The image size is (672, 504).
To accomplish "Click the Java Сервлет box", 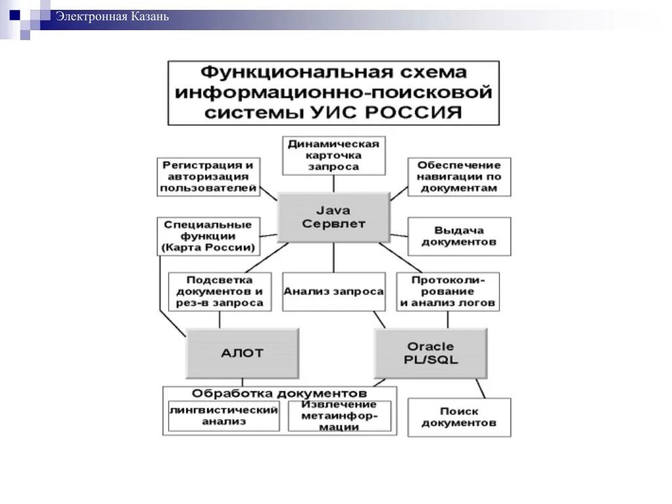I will coord(333,217).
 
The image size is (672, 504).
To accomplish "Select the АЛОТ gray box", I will coord(242,352).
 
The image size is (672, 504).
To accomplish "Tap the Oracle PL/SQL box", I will coord(430,353).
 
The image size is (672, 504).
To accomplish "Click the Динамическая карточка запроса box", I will coord(333,156).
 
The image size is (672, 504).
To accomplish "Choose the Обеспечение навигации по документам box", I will coord(459,177).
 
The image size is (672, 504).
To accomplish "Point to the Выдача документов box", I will coord(459,236).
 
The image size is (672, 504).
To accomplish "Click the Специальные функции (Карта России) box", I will coord(208,236).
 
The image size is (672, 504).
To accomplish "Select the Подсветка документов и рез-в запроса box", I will coord(219,291).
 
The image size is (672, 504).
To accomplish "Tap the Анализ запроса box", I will coord(333,291).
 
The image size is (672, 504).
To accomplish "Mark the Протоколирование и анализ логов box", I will coord(448,291).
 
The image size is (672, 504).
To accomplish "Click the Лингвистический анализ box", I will coord(224,416).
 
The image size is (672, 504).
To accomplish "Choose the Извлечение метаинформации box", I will coord(339,416).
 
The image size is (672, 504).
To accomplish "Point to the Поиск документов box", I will coord(459,417).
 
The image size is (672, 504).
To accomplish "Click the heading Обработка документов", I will coord(279,393).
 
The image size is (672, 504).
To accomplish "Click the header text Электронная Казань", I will coord(112,16).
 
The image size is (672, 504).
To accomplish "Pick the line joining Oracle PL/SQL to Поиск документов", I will coord(480,388).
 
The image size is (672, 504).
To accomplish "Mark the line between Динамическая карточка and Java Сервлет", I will coord(333,184).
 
